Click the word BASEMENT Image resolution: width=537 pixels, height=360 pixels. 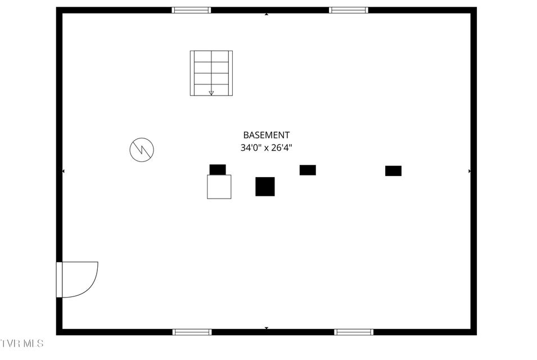266,135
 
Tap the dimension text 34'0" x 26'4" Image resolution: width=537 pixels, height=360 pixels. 266,148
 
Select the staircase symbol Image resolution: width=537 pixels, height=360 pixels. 211,73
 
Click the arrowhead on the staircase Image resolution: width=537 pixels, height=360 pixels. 211,93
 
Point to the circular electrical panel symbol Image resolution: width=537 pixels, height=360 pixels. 142,150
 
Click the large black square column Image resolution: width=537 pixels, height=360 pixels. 265,186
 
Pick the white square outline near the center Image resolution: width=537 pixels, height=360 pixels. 219,187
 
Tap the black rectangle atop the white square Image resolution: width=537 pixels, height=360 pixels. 218,169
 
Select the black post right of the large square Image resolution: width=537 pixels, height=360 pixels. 308,170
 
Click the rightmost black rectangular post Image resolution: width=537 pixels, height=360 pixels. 393,170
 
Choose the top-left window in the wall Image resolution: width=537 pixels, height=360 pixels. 191,10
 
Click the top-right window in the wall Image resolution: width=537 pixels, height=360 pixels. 349,10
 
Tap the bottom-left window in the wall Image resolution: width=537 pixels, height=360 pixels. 192,332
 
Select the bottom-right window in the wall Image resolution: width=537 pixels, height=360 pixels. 354,332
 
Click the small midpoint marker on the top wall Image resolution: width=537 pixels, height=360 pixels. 266,13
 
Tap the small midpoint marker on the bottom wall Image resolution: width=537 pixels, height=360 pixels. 266,328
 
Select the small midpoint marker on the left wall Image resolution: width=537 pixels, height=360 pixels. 63,171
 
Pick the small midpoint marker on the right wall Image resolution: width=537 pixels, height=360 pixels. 470,171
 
